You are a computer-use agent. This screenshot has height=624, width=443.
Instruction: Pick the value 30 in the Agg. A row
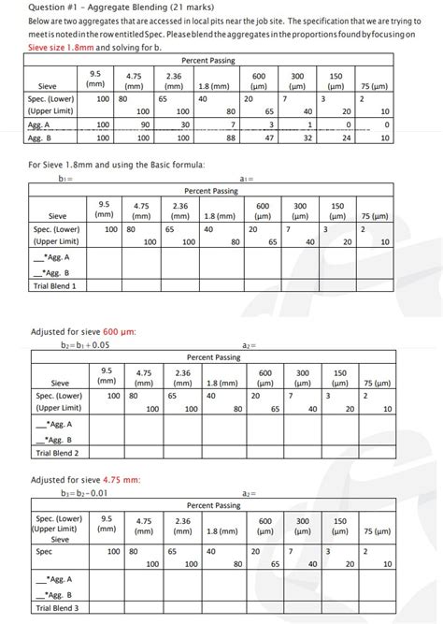tap(185, 123)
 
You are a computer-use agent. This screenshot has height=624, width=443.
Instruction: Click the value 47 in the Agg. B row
tap(269, 138)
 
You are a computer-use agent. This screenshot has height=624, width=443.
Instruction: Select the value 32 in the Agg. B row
tap(307, 138)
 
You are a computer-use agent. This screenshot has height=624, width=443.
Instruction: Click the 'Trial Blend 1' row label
tap(55, 285)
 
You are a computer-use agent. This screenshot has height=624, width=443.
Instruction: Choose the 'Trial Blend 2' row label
tap(57, 453)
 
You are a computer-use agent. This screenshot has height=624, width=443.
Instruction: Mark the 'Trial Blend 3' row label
tap(57, 608)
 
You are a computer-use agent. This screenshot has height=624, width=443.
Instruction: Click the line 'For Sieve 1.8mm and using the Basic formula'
tap(116, 165)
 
